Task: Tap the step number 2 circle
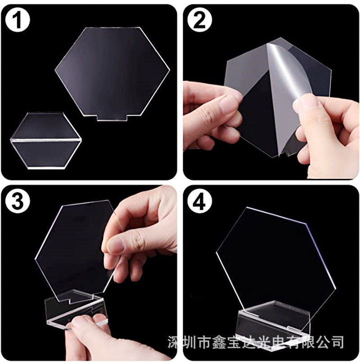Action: coord(199,21)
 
